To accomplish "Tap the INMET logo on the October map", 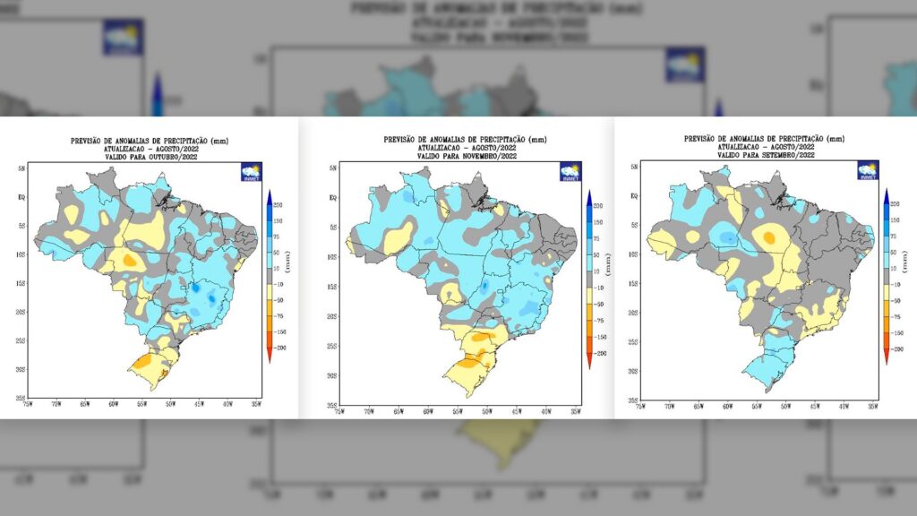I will pos(251,172).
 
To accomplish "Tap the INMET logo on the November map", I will pos(570,171).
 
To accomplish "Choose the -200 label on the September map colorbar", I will pos(896,348).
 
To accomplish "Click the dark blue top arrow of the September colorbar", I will pos(886,195).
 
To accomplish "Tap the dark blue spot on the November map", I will pos(484,287).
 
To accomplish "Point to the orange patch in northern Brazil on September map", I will pos(767,237).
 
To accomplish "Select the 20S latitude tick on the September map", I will pos(633,313).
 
